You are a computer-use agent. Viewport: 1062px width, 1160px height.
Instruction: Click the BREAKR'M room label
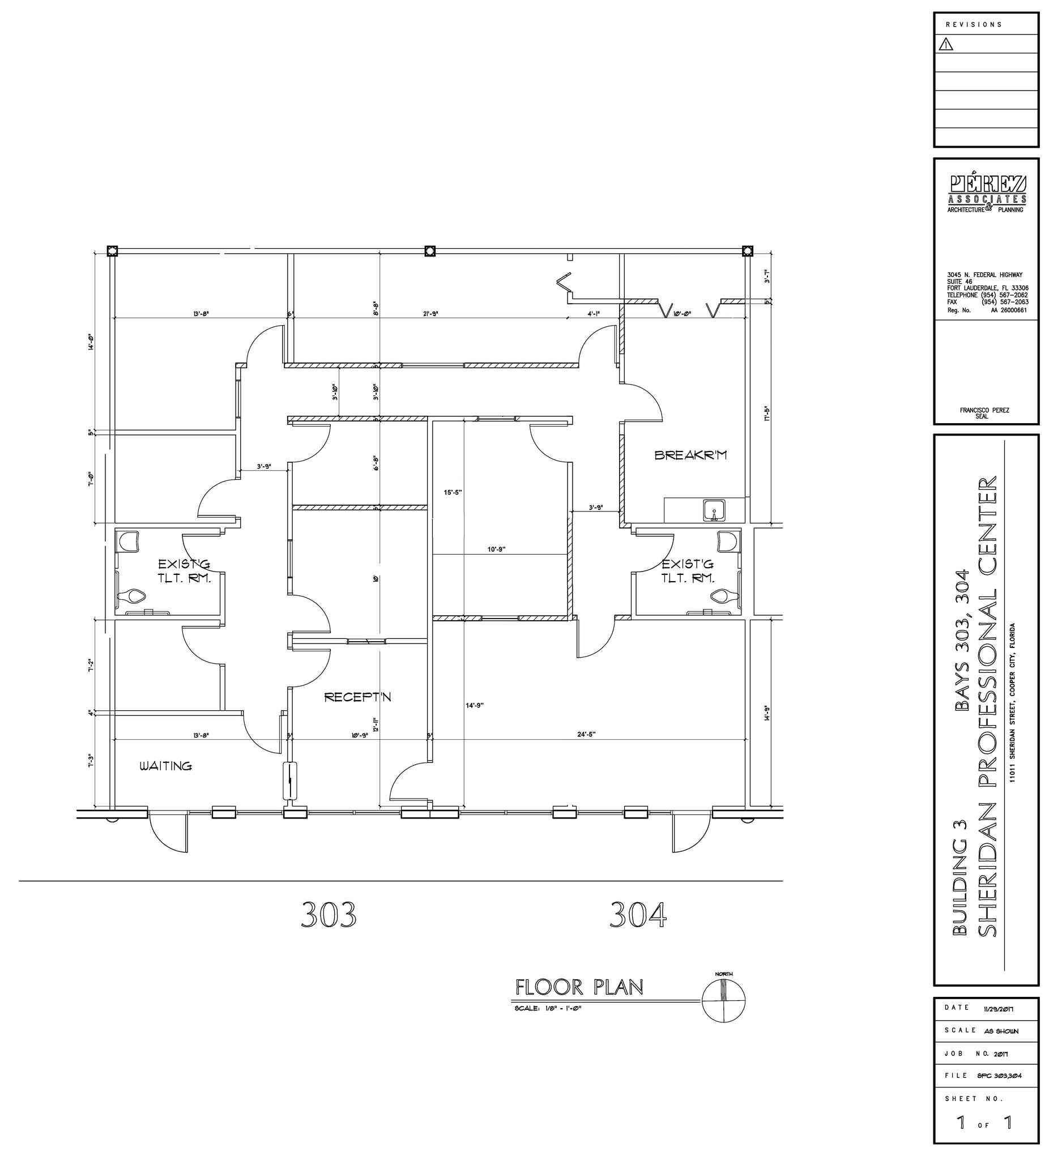690,455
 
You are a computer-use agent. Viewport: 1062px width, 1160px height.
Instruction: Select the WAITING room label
166,766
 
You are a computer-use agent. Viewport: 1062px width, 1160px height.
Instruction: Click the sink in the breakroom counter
713,510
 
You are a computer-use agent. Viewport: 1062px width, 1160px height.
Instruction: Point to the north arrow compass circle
724,1002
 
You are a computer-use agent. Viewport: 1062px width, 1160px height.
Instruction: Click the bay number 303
329,914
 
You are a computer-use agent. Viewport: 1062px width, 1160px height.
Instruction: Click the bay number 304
638,914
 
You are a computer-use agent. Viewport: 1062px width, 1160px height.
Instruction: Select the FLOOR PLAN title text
579,987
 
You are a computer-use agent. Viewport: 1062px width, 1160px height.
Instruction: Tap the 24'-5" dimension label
586,734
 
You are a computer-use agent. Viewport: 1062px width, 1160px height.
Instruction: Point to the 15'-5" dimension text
453,493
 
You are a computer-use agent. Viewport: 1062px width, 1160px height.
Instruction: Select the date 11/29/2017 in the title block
1000,1025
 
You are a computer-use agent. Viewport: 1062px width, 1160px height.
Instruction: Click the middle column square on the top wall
430,251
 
